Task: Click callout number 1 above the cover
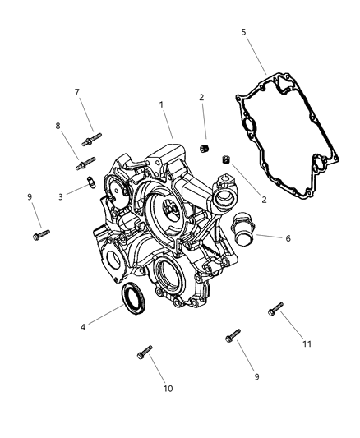click(x=162, y=105)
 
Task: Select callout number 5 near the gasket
click(x=244, y=33)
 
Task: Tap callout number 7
click(x=77, y=92)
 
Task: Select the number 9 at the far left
click(x=29, y=197)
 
